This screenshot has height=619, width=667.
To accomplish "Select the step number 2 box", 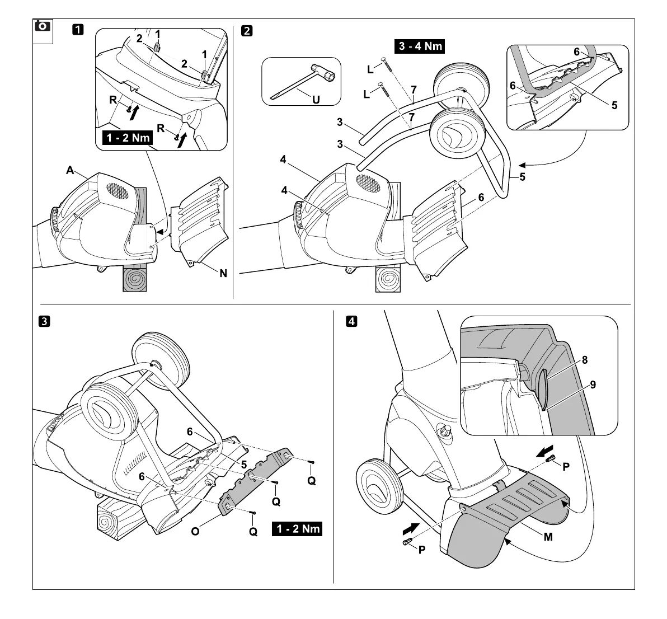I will (x=246, y=30).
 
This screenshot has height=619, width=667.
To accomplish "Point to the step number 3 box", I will (x=43, y=321).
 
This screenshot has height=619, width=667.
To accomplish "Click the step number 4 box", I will (x=351, y=321).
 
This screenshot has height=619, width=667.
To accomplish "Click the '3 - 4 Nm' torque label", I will (x=421, y=46).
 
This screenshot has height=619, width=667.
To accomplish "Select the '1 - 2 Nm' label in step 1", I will (x=126, y=137).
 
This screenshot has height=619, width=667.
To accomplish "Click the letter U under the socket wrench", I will (x=316, y=100).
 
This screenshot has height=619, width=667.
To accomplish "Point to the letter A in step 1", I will (x=70, y=170).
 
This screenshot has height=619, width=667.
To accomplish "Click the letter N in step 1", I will (x=223, y=274).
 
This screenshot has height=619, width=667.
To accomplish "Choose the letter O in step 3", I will (x=195, y=531).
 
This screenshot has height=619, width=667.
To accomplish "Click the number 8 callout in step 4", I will (x=584, y=360).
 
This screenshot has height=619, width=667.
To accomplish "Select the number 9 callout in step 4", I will (x=593, y=385).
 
